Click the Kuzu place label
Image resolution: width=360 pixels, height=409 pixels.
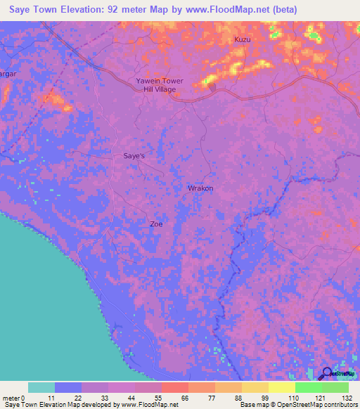pyautogui.click(x=242, y=40)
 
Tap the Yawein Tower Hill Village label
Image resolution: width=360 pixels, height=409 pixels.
pyautogui.click(x=160, y=85)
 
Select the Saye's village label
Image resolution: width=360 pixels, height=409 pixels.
pyautogui.click(x=134, y=157)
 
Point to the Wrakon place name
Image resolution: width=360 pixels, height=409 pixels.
pyautogui.click(x=200, y=188)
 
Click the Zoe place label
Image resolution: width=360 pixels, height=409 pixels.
pyautogui.click(x=156, y=224)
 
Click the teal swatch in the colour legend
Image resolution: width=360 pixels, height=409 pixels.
pyautogui.click(x=41, y=387)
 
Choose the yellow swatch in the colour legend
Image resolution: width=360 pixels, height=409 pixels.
pyautogui.click(x=281, y=387)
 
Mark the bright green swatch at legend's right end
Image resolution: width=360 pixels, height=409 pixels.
pyautogui.click(x=335, y=387)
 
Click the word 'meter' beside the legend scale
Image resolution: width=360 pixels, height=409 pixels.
pyautogui.click(x=12, y=398)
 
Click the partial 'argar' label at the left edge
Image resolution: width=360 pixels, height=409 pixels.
pyautogui.click(x=8, y=72)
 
